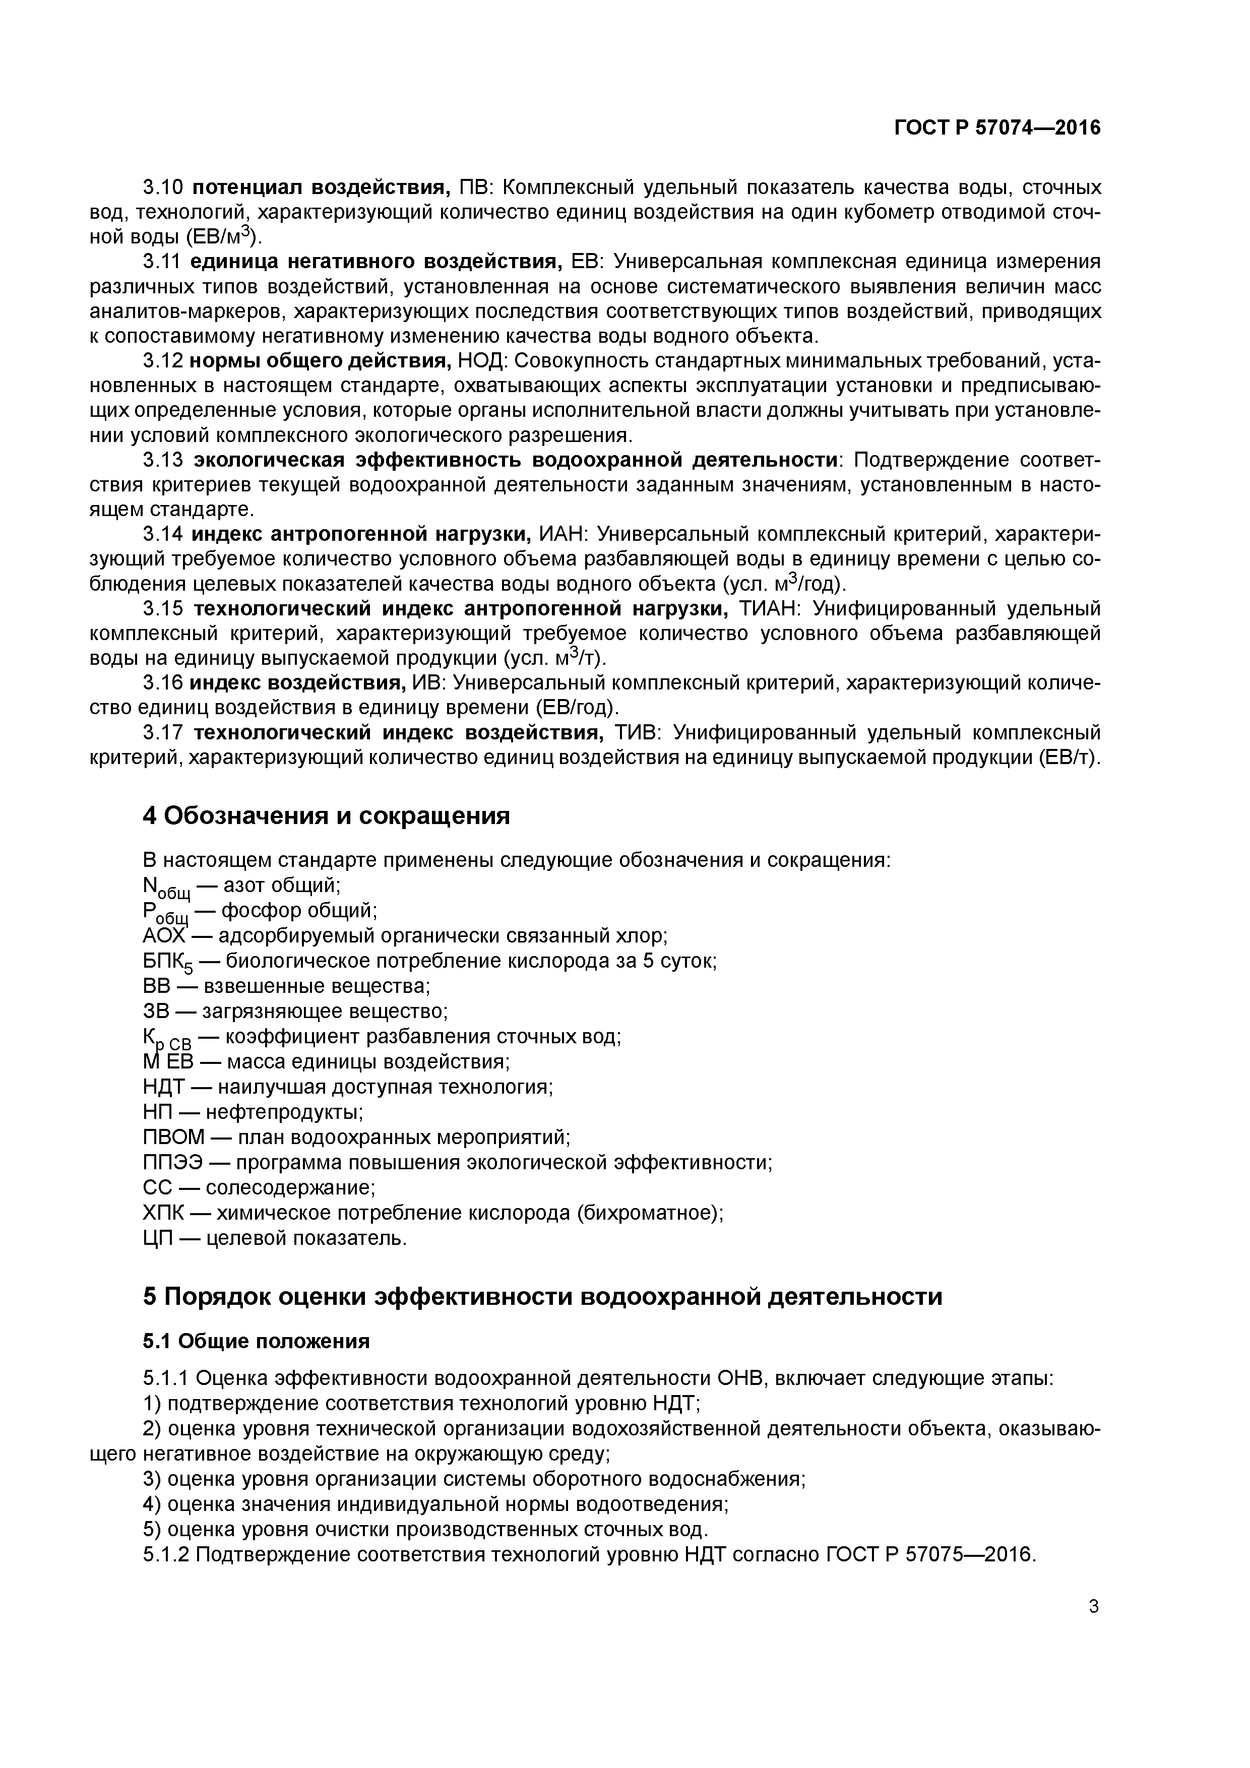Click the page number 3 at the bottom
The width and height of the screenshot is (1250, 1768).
(x=1094, y=1628)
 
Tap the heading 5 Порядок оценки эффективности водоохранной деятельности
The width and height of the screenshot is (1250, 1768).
(x=542, y=1297)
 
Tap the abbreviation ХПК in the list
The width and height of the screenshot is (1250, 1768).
(x=162, y=1213)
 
